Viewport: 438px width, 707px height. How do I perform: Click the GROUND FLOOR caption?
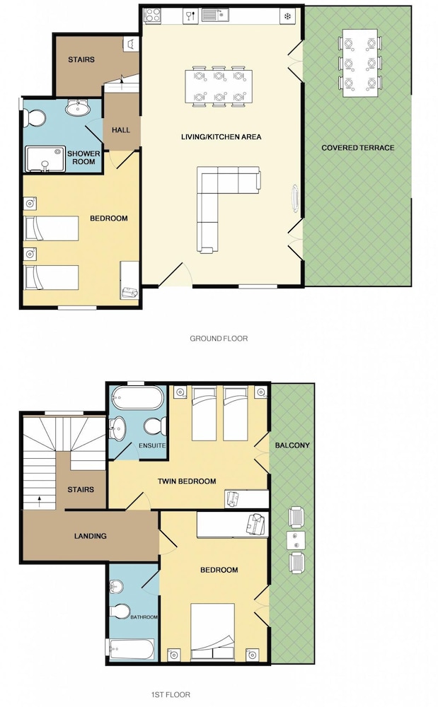point(219,338)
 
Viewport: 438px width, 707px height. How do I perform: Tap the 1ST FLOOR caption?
point(171,694)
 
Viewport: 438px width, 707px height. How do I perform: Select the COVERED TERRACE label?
point(358,148)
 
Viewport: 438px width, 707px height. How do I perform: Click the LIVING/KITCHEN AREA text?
point(221,136)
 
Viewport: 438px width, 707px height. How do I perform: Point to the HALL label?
point(121,130)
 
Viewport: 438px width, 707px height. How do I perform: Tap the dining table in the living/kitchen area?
point(219,86)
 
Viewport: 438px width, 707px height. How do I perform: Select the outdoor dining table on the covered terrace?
point(359,63)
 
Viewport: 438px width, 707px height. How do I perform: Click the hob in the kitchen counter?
point(151,16)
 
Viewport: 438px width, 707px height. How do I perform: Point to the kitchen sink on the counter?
point(215,16)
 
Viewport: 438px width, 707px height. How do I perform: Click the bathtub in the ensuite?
point(137,397)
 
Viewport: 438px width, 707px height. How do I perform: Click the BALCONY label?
point(292,445)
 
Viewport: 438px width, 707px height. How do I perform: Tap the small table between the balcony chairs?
point(296,539)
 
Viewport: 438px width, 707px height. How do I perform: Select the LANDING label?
point(90,536)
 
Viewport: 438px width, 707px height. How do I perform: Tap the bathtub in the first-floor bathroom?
point(130,649)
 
